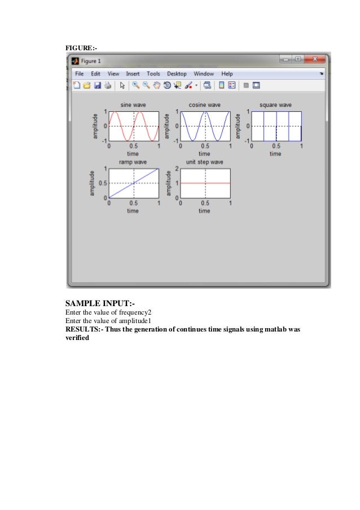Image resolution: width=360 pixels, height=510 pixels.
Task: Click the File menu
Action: pyautogui.click(x=79, y=73)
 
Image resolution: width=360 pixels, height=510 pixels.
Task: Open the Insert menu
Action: pyautogui.click(x=133, y=73)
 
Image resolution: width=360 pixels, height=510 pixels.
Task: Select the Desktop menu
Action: pyautogui.click(x=177, y=73)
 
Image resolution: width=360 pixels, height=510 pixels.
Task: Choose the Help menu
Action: pyautogui.click(x=227, y=73)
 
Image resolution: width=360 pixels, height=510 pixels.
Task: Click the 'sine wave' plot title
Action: pyautogui.click(x=133, y=104)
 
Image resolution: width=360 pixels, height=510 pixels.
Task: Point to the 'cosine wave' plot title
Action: pyautogui.click(x=204, y=104)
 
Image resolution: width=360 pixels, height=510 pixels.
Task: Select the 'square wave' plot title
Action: pyautogui.click(x=275, y=104)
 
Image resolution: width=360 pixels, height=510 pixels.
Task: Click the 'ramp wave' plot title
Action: pyautogui.click(x=133, y=162)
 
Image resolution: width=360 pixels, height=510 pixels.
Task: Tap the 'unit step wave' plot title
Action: pyautogui.click(x=204, y=162)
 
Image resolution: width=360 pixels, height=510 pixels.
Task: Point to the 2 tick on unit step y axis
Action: pyautogui.click(x=177, y=169)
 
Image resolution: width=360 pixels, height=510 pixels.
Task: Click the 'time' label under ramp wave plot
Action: pyautogui.click(x=133, y=211)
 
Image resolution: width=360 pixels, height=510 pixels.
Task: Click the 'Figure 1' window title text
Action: pyautogui.click(x=91, y=60)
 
